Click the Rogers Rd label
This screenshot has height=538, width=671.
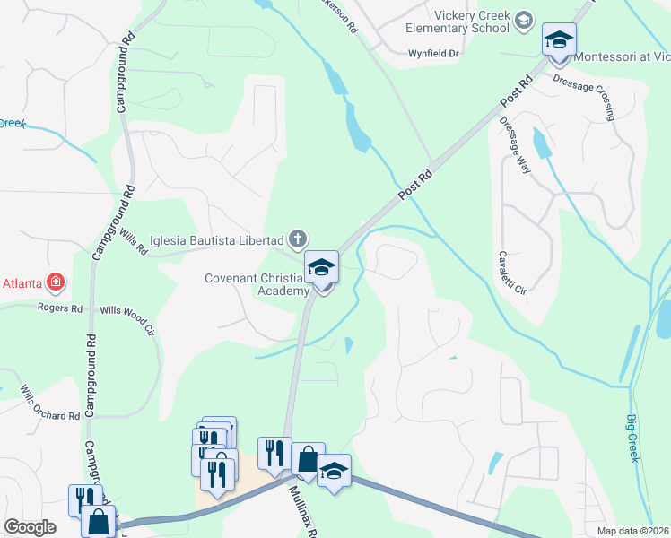pos(60,308)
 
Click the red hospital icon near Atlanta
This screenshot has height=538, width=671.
pos(57,283)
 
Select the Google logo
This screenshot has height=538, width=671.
pos(30,527)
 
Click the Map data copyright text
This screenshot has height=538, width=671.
pos(632,531)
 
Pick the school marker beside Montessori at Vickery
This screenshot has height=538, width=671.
pos(559,41)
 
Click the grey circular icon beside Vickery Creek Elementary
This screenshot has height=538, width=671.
pos(525,21)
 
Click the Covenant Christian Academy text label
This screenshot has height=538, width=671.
pos(257,283)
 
